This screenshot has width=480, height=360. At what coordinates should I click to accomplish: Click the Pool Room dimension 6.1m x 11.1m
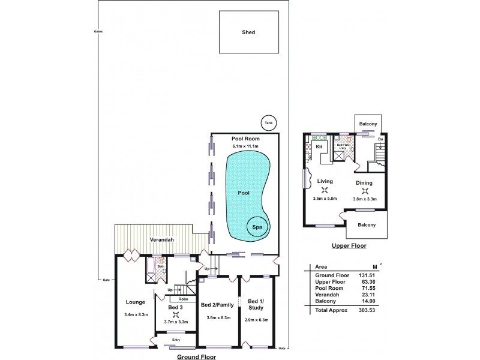pos(245,146)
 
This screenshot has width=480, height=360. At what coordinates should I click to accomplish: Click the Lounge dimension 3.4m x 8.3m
pos(135,314)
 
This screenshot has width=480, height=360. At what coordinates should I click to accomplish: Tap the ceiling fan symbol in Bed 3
pos(175,314)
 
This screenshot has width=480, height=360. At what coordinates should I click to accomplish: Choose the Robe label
pos(184,298)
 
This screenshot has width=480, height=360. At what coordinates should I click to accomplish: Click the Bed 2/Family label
pos(218,305)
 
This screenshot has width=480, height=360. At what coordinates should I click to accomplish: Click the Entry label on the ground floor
pos(176,340)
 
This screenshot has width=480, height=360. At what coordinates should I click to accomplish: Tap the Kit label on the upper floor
pos(319,146)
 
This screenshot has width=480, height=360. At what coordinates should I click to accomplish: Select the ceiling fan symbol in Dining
pos(364,192)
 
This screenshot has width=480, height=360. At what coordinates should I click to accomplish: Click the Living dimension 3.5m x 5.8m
pos(325,198)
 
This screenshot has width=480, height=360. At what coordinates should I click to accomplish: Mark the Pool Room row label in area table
pos(327,288)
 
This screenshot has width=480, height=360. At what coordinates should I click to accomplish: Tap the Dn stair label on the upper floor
pos(380,139)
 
